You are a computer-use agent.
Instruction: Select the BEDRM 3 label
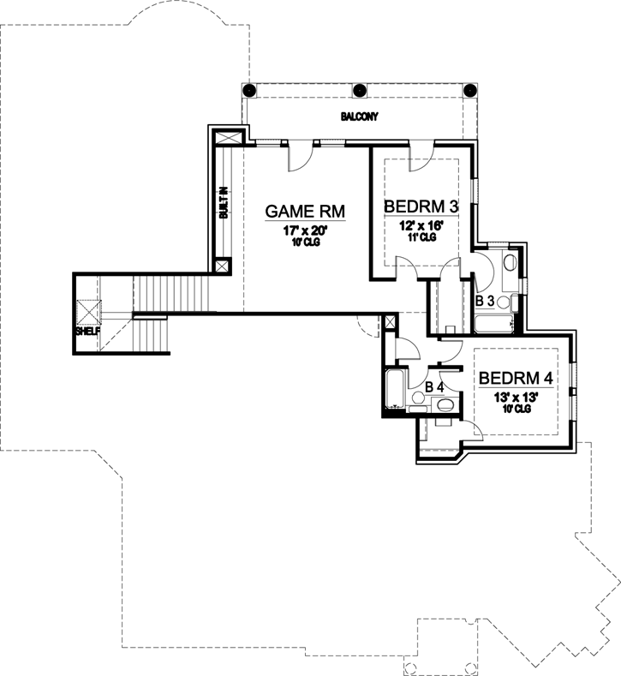(421, 206)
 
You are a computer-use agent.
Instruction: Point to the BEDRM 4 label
(516, 378)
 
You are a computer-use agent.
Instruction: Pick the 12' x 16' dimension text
(421, 225)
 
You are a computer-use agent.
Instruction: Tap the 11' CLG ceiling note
(421, 237)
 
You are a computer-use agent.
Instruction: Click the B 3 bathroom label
(484, 301)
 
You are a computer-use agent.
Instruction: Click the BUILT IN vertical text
(223, 203)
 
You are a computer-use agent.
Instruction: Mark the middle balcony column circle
(359, 89)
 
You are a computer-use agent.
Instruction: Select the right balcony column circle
(469, 89)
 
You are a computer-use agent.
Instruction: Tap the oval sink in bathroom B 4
(418, 398)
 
